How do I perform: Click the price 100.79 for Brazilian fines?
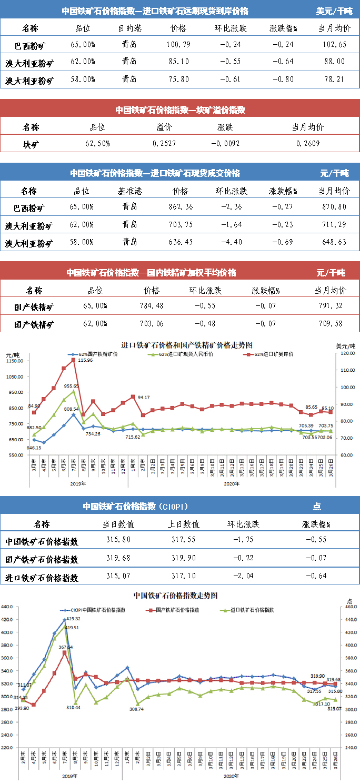176,45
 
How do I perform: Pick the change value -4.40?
231,243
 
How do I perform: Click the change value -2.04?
243,578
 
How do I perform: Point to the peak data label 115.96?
85,361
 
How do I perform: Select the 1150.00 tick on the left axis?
14,361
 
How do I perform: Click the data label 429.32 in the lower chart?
72,619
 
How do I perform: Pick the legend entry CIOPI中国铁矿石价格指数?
96,610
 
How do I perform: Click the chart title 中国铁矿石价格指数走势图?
176,596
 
